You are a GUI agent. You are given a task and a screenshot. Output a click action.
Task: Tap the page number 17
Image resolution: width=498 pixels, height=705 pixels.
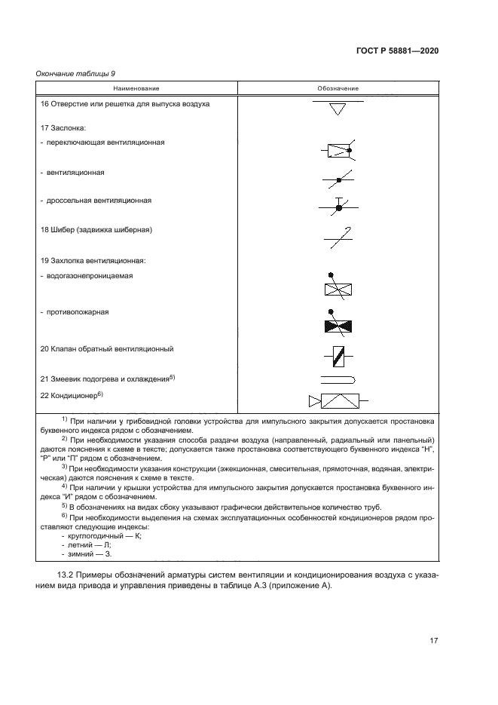[x=434, y=641]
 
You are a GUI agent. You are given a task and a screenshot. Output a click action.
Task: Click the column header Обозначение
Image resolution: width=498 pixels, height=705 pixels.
[x=338, y=89]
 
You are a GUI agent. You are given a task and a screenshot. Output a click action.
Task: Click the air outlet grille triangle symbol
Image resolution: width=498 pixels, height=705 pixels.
[x=338, y=110]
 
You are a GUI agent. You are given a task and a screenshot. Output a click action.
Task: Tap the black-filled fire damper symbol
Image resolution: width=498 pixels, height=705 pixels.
[x=338, y=325]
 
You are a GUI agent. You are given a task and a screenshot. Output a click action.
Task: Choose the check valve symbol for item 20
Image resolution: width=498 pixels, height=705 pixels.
[x=338, y=354]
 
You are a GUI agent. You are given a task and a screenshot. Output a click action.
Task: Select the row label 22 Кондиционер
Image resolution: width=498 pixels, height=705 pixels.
[x=72, y=394]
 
